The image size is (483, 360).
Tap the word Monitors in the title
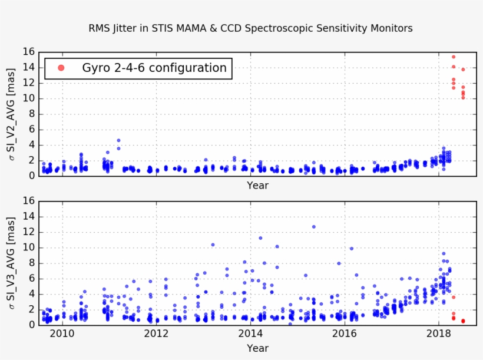[389, 28]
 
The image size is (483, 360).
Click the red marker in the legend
[61, 68]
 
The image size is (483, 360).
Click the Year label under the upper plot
[257, 186]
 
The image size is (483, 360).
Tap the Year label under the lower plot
[257, 348]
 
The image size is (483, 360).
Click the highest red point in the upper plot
[453, 57]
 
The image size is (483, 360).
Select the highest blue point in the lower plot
[314, 227]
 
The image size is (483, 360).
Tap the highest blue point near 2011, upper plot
[118, 140]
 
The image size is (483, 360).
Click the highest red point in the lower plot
[453, 297]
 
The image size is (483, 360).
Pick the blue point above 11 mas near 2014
[260, 238]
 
